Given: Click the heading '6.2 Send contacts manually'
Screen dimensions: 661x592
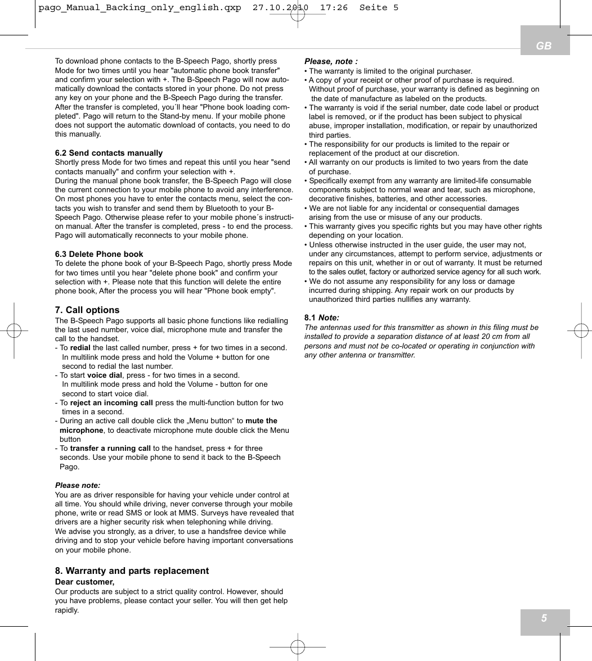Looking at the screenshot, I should [x=109, y=153].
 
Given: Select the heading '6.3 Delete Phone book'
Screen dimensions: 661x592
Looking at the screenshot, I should [x=99, y=254].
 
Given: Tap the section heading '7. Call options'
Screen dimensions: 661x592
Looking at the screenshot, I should [x=87, y=310].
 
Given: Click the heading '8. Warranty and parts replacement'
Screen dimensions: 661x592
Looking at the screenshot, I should [x=132, y=571].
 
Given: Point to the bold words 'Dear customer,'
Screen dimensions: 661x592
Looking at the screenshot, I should [x=84, y=582].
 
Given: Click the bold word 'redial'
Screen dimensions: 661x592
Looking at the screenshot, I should [x=80, y=348].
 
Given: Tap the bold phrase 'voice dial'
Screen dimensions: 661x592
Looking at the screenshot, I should [x=105, y=375].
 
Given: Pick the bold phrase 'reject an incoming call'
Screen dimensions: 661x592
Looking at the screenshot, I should [x=111, y=402].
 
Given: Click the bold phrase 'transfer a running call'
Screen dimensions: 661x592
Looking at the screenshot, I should [x=110, y=449].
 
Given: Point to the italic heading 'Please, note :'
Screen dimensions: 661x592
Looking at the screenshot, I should [x=331, y=61].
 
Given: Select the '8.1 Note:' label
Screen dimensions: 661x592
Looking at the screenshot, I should [x=322, y=318].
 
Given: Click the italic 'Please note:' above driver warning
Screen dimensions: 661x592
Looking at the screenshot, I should [x=78, y=485].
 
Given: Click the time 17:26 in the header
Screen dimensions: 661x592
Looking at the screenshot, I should [x=334, y=8].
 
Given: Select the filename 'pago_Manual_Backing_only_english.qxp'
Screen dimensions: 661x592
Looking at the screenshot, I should [x=140, y=8].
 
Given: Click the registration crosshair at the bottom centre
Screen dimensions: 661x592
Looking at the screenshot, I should [x=298, y=648].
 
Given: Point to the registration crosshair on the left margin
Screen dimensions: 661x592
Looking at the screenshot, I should [x=14, y=330].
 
